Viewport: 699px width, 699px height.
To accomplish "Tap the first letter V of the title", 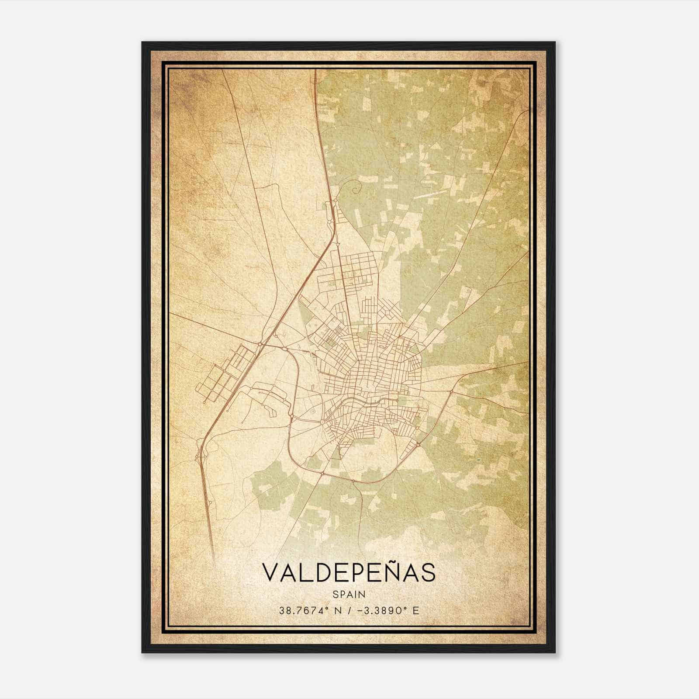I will pyautogui.click(x=270, y=573).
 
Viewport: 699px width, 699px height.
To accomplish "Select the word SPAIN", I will pyautogui.click(x=349, y=594).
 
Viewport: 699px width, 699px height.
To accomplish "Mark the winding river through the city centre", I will pyautogui.click(x=363, y=400).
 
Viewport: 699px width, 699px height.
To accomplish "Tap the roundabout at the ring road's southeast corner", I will pyautogui.click(x=419, y=444).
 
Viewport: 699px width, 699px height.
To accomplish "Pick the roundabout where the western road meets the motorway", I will pyautogui.click(x=260, y=344).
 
